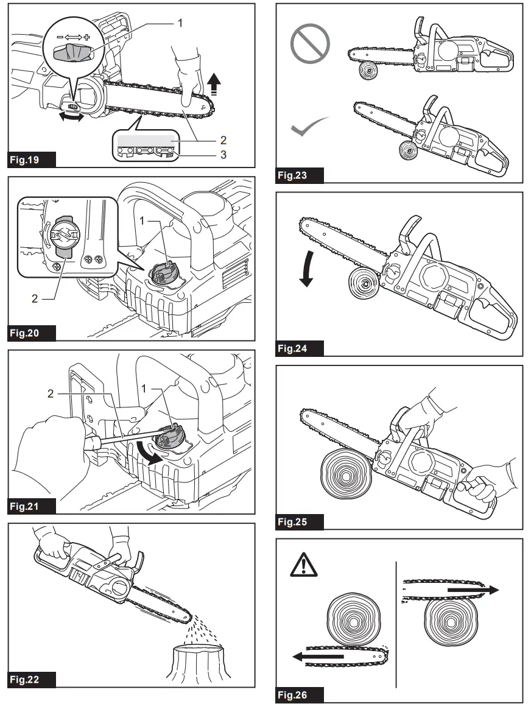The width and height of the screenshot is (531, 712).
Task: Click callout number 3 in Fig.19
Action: [x=223, y=155]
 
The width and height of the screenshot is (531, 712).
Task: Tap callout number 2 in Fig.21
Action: [x=51, y=394]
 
